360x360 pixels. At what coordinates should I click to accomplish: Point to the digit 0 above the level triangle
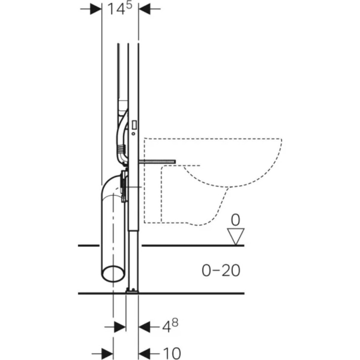tap(236, 221)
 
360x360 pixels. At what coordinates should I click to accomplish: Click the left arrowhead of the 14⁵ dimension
tap(96, 9)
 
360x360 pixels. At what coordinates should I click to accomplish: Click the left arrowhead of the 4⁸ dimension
tap(120, 327)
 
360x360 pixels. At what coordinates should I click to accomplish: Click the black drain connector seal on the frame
tap(123, 186)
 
